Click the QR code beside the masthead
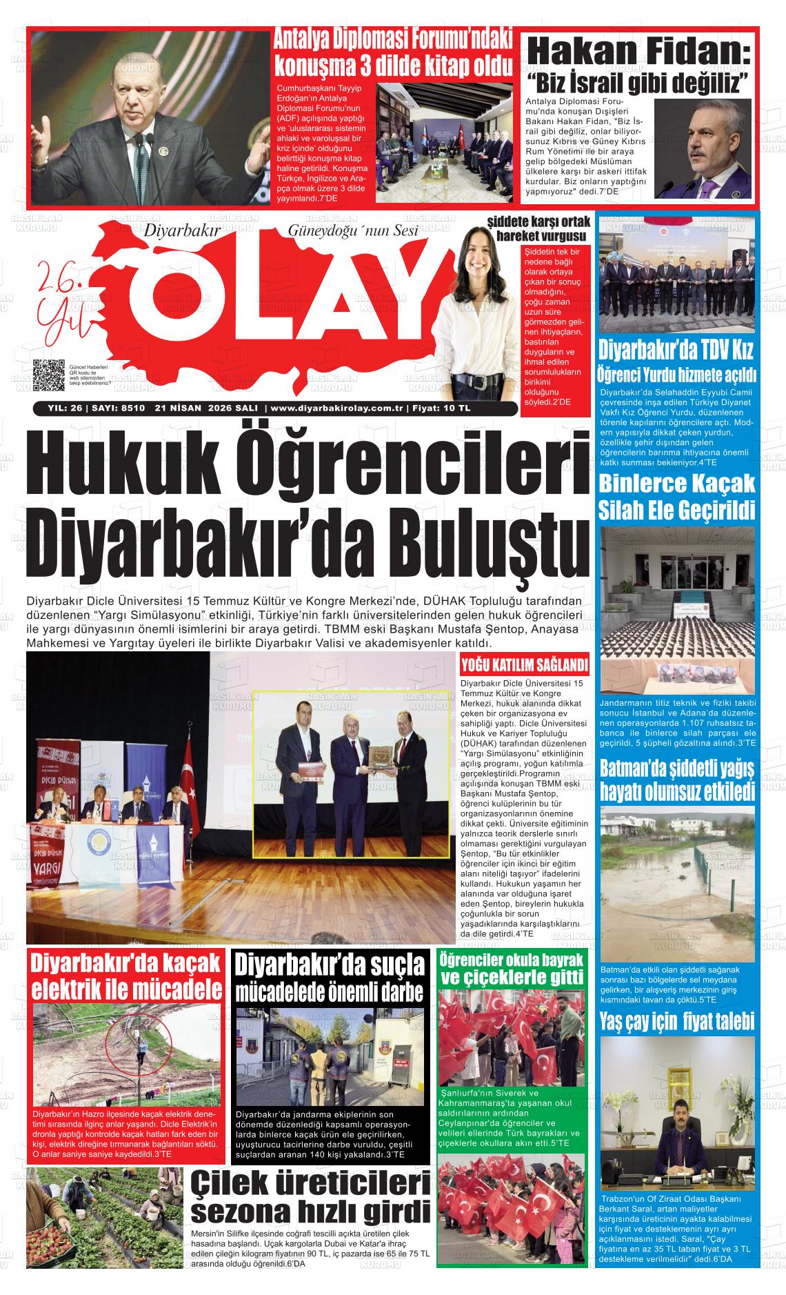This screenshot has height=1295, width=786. (48, 377)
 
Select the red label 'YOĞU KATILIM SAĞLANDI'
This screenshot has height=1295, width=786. (524, 665)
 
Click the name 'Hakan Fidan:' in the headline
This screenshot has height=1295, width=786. (638, 52)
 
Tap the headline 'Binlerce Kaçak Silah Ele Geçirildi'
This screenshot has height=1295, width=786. (676, 496)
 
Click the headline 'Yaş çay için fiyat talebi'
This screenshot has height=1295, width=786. (676, 1020)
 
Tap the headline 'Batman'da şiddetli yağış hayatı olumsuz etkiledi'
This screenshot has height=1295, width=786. (676, 780)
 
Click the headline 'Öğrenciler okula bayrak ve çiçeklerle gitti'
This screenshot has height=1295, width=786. (511, 969)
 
